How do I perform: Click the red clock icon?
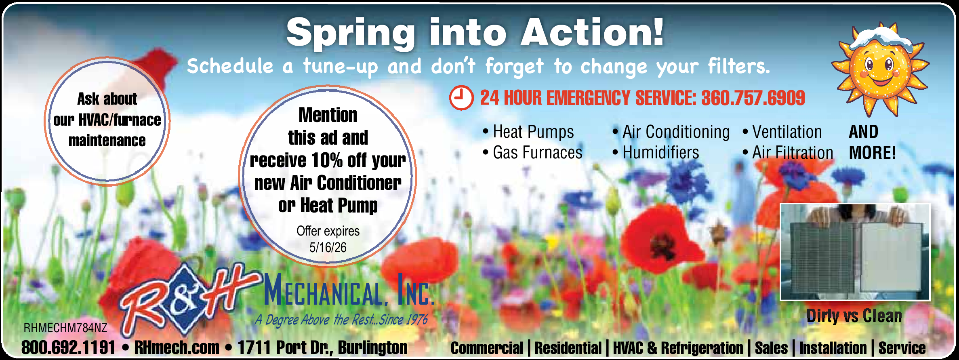(x=461, y=98)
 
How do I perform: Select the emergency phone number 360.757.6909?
(x=753, y=98)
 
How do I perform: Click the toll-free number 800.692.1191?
(x=68, y=347)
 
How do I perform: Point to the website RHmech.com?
(x=177, y=347)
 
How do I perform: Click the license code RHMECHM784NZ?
(x=65, y=328)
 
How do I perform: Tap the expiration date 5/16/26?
(x=328, y=247)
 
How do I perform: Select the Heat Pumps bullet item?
(x=528, y=132)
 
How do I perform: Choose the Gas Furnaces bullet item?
(x=532, y=153)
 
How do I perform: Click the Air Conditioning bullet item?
(x=671, y=132)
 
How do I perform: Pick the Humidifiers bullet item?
(x=656, y=153)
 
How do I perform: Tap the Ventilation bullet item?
(x=782, y=132)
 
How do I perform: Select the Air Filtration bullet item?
(x=788, y=153)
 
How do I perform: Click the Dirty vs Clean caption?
(x=854, y=316)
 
